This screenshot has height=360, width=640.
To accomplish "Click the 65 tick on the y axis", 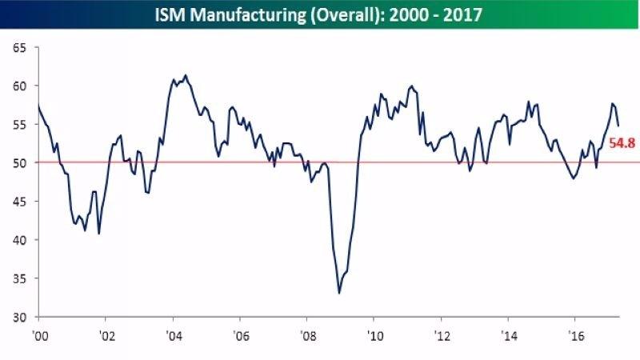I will click(20, 48).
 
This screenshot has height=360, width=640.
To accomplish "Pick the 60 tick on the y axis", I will click(20, 86).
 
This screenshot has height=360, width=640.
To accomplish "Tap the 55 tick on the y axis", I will click(20, 125).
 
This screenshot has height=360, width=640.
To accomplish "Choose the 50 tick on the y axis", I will click(20, 163).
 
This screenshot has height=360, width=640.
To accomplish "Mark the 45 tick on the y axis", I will click(20, 202).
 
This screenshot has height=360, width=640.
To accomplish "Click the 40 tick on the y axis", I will click(20, 240).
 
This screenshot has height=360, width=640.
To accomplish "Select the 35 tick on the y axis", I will click(20, 278).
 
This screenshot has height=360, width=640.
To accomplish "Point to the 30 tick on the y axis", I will click(20, 317).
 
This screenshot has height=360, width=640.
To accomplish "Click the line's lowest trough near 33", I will click(339, 293).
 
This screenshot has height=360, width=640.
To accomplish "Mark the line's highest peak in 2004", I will click(186, 76).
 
